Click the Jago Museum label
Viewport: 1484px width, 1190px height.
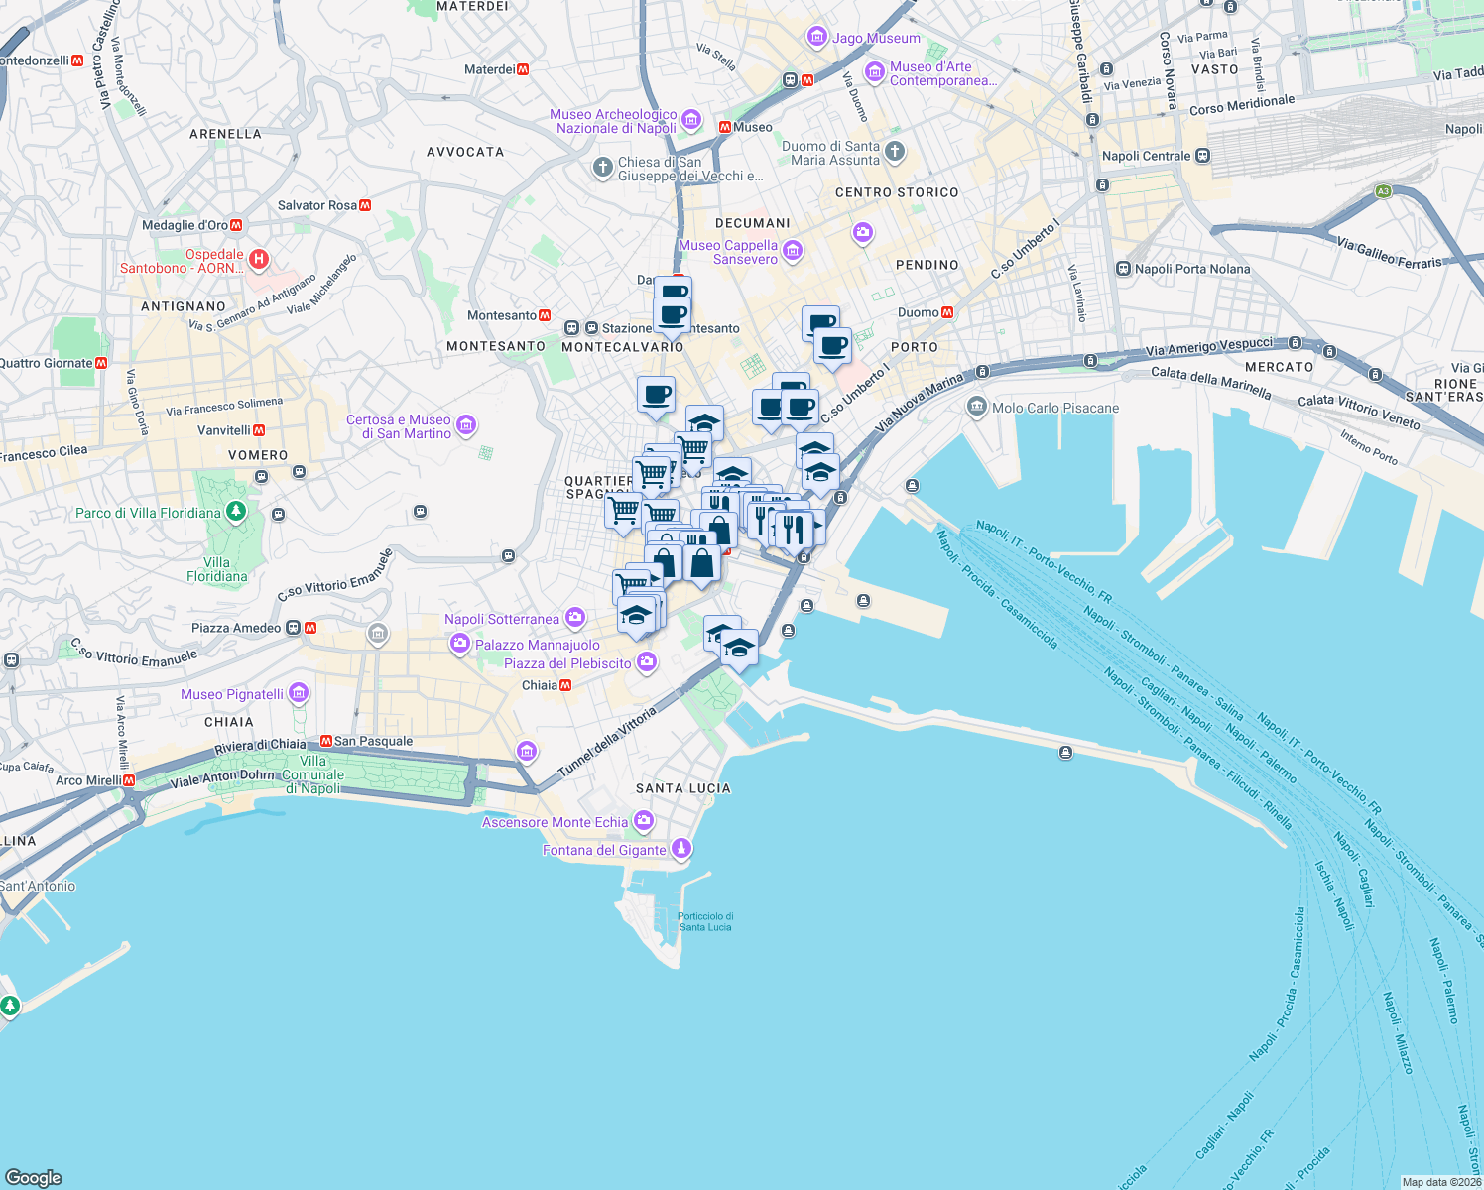coord(876,39)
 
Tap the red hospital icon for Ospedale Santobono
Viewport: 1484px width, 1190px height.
coord(259,260)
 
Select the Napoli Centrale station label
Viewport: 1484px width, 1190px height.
coord(1146,156)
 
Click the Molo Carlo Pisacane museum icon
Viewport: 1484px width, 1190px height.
coord(977,407)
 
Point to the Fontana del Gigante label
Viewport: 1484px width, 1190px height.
coord(604,850)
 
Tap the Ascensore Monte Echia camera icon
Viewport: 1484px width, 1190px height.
coord(644,820)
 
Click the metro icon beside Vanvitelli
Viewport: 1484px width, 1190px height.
coord(259,430)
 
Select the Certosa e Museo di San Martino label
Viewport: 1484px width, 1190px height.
coord(399,426)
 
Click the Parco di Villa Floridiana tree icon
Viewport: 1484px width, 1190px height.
coord(236,512)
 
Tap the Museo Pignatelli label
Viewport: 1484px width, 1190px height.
coord(232,694)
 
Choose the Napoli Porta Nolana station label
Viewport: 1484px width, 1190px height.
coord(1192,269)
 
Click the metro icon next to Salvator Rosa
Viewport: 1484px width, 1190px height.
coord(365,205)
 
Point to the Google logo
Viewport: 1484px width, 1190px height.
coord(34,1177)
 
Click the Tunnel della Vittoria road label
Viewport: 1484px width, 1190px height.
coord(607,742)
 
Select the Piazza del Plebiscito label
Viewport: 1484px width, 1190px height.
coord(567,663)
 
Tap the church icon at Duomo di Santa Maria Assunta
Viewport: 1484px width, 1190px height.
coord(895,152)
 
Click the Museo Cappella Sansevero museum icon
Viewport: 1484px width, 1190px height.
coord(793,250)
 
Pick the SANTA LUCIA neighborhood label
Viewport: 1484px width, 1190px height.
coord(682,788)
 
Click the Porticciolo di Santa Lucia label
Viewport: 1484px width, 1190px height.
coord(705,922)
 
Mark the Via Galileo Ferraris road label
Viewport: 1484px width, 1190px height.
coord(1391,253)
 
